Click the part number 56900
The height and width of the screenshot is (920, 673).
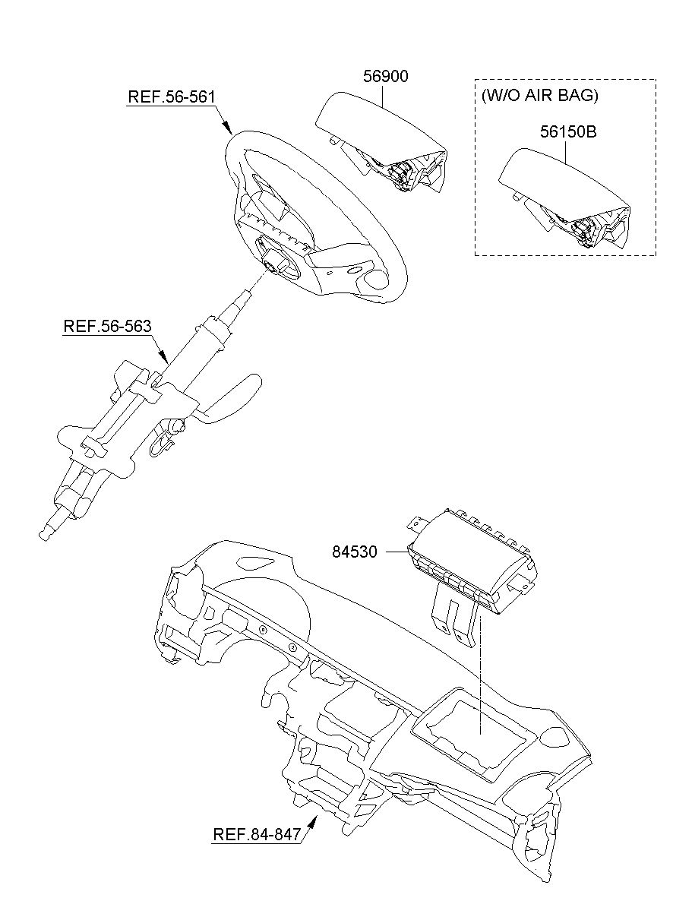[x=387, y=77]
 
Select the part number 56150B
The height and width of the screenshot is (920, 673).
[x=569, y=131]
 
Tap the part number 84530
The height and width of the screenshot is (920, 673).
[x=354, y=552]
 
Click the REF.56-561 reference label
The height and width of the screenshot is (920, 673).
[x=171, y=97]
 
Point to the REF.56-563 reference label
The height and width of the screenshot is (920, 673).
[x=107, y=326]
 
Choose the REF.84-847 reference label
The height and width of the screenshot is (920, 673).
[x=257, y=835]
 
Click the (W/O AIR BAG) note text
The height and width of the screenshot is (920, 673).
[x=540, y=96]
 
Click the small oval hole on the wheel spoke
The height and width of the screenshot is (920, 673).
[x=355, y=270]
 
